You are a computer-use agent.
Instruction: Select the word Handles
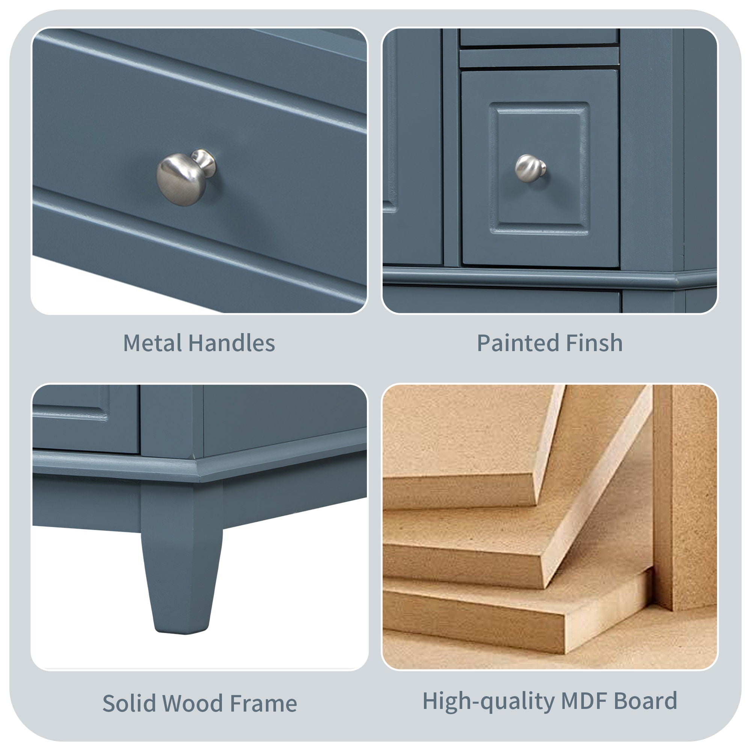pos(232,343)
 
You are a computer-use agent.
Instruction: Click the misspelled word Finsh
pos(594,343)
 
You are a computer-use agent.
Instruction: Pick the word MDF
pos(584,700)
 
